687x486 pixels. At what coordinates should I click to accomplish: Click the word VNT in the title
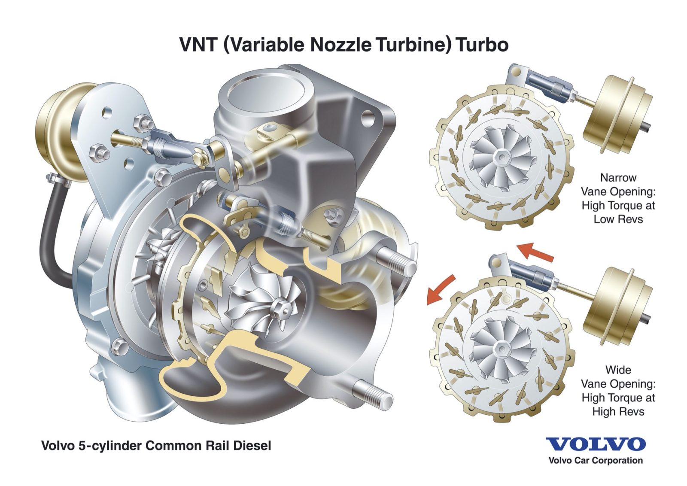coord(199,45)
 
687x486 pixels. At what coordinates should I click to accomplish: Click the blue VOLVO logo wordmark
coord(596,444)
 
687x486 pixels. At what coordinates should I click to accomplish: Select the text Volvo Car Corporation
coord(596,461)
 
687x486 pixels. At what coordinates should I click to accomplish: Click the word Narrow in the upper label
coord(618,177)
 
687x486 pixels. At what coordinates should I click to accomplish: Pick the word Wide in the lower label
coord(618,370)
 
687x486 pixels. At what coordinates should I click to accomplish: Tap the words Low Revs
coord(618,219)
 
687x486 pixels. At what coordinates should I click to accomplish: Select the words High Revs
coord(618,412)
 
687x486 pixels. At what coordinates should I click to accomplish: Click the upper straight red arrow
coord(535,252)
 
